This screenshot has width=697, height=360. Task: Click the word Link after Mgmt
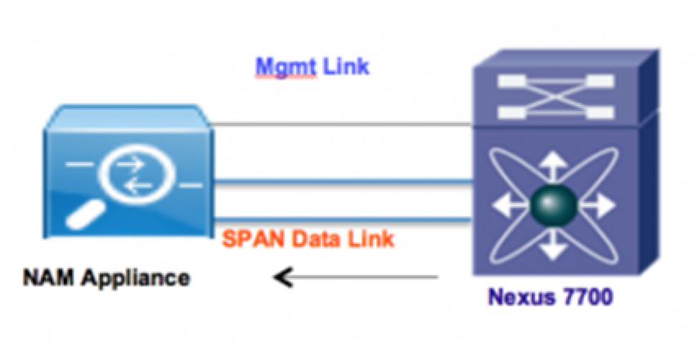tap(345, 66)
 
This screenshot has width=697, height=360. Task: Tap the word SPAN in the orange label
tap(254, 240)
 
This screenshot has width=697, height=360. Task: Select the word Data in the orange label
tap(320, 240)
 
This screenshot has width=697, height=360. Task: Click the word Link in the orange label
tap(372, 240)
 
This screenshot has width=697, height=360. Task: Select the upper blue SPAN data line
tap(344, 181)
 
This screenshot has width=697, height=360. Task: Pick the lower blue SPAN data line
tap(344, 218)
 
